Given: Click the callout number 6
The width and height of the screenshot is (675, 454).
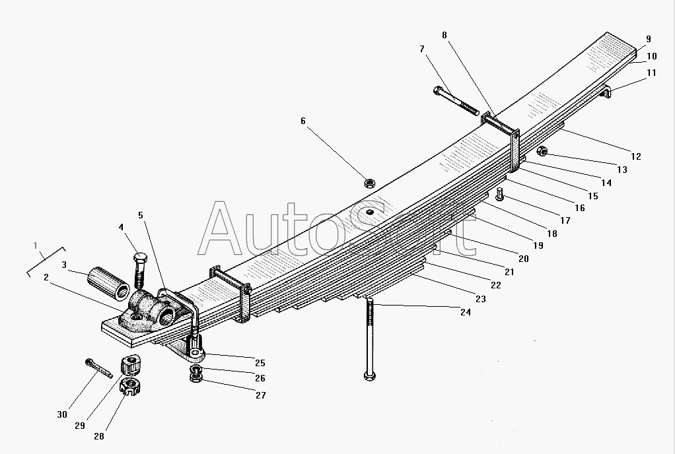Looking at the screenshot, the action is coord(303,121).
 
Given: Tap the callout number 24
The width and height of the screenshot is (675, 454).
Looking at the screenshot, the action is coord(466,313).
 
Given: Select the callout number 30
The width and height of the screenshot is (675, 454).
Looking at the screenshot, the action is coord(62,415).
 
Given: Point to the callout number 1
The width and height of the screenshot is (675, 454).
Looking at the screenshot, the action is coord(35,245).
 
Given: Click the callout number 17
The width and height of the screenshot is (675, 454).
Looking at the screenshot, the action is coord(565,220).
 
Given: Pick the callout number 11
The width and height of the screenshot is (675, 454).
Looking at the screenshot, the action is coord(651,73).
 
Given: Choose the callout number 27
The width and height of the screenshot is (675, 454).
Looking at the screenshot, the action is coord(261,395).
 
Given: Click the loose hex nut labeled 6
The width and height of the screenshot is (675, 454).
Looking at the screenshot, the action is coord(369,183).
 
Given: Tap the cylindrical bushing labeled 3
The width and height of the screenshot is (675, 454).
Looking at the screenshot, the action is coord(108,283).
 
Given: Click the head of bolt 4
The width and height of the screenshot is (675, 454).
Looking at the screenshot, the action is coord(140,259).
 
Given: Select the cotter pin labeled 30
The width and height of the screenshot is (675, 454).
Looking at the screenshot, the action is coord(98,368).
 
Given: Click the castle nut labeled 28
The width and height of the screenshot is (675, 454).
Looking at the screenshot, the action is coord(129,386).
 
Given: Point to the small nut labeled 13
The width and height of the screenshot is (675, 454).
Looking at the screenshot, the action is coord(542,151).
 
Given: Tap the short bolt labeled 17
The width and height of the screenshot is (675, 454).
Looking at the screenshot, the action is coord(499,194).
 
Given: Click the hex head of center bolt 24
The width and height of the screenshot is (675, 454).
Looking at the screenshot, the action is coord(369,375).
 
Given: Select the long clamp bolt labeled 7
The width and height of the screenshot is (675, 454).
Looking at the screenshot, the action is coord(456,101).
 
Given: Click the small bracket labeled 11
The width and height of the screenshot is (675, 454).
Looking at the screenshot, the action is coord(605,92).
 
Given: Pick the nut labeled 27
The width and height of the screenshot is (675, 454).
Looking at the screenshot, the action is coord(196,377).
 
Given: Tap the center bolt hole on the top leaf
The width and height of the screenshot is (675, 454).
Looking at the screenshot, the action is coord(369,212).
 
